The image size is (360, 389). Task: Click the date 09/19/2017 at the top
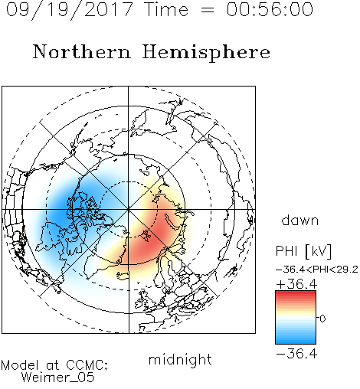(x=70, y=10)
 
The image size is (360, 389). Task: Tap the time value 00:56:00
(x=270, y=9)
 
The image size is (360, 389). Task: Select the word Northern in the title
(x=82, y=51)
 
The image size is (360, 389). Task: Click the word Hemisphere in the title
(x=206, y=53)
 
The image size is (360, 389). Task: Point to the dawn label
(x=300, y=220)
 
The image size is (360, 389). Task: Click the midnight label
(x=180, y=359)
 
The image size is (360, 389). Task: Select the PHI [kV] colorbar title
(x=304, y=251)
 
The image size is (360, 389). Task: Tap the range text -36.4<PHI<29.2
(x=317, y=270)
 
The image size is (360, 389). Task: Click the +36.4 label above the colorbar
(x=296, y=284)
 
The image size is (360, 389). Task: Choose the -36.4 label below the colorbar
(x=296, y=354)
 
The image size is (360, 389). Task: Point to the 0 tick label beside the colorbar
(x=322, y=319)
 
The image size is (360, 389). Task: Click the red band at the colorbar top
(x=296, y=293)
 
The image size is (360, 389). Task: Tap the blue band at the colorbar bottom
(x=296, y=341)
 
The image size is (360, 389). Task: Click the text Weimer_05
(x=58, y=377)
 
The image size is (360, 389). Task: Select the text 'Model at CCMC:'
(x=54, y=365)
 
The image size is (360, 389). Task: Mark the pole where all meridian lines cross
(x=129, y=210)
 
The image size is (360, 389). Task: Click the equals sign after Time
(x=208, y=10)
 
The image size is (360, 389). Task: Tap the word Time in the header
(x=166, y=9)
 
